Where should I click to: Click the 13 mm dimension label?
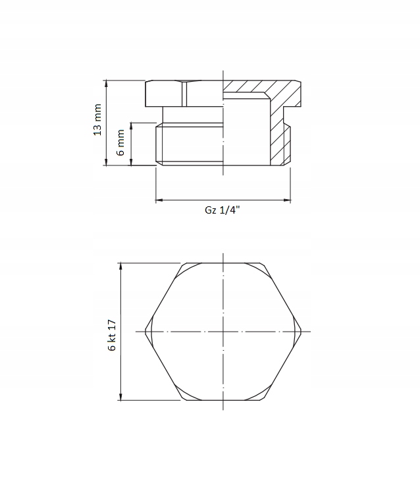click(x=98, y=119)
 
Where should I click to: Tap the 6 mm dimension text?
click(x=121, y=142)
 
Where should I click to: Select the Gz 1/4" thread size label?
click(x=223, y=210)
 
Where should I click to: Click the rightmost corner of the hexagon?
click(x=302, y=331)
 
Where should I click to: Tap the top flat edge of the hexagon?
click(x=224, y=262)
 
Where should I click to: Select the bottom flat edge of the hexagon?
click(x=224, y=400)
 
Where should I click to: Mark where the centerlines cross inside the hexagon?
click(x=224, y=331)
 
